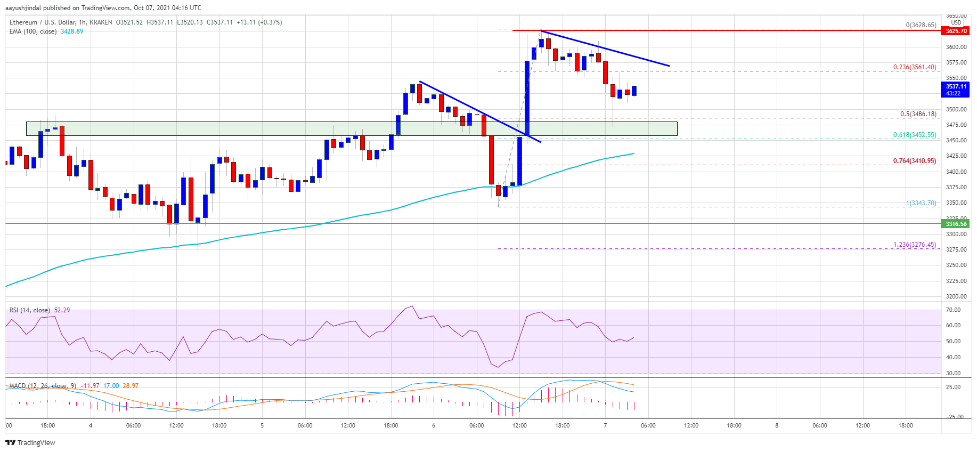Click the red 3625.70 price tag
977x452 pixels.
tap(956, 31)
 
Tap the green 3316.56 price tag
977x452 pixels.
tap(956, 224)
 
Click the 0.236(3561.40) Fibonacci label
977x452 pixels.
tap(914, 67)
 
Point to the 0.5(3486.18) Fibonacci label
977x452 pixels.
tap(918, 114)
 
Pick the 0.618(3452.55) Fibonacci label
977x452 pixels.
tap(914, 135)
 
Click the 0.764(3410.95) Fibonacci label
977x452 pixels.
tap(914, 161)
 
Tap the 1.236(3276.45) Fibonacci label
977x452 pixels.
tap(914, 245)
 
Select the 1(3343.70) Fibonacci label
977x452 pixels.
tap(921, 203)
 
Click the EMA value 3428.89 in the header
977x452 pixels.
tap(72, 31)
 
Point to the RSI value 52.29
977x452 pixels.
tap(62, 310)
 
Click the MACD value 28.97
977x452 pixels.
tap(131, 386)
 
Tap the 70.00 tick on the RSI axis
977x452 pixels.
tap(953, 310)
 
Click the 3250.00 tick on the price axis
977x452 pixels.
tap(956, 265)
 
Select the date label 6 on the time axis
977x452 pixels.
tap(434, 425)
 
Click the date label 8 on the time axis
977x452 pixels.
tap(777, 425)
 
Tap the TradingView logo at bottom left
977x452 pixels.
tap(30, 442)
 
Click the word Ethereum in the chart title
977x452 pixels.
tap(23, 22)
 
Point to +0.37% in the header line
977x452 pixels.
tap(270, 22)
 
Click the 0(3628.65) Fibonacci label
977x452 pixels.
tap(921, 25)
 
